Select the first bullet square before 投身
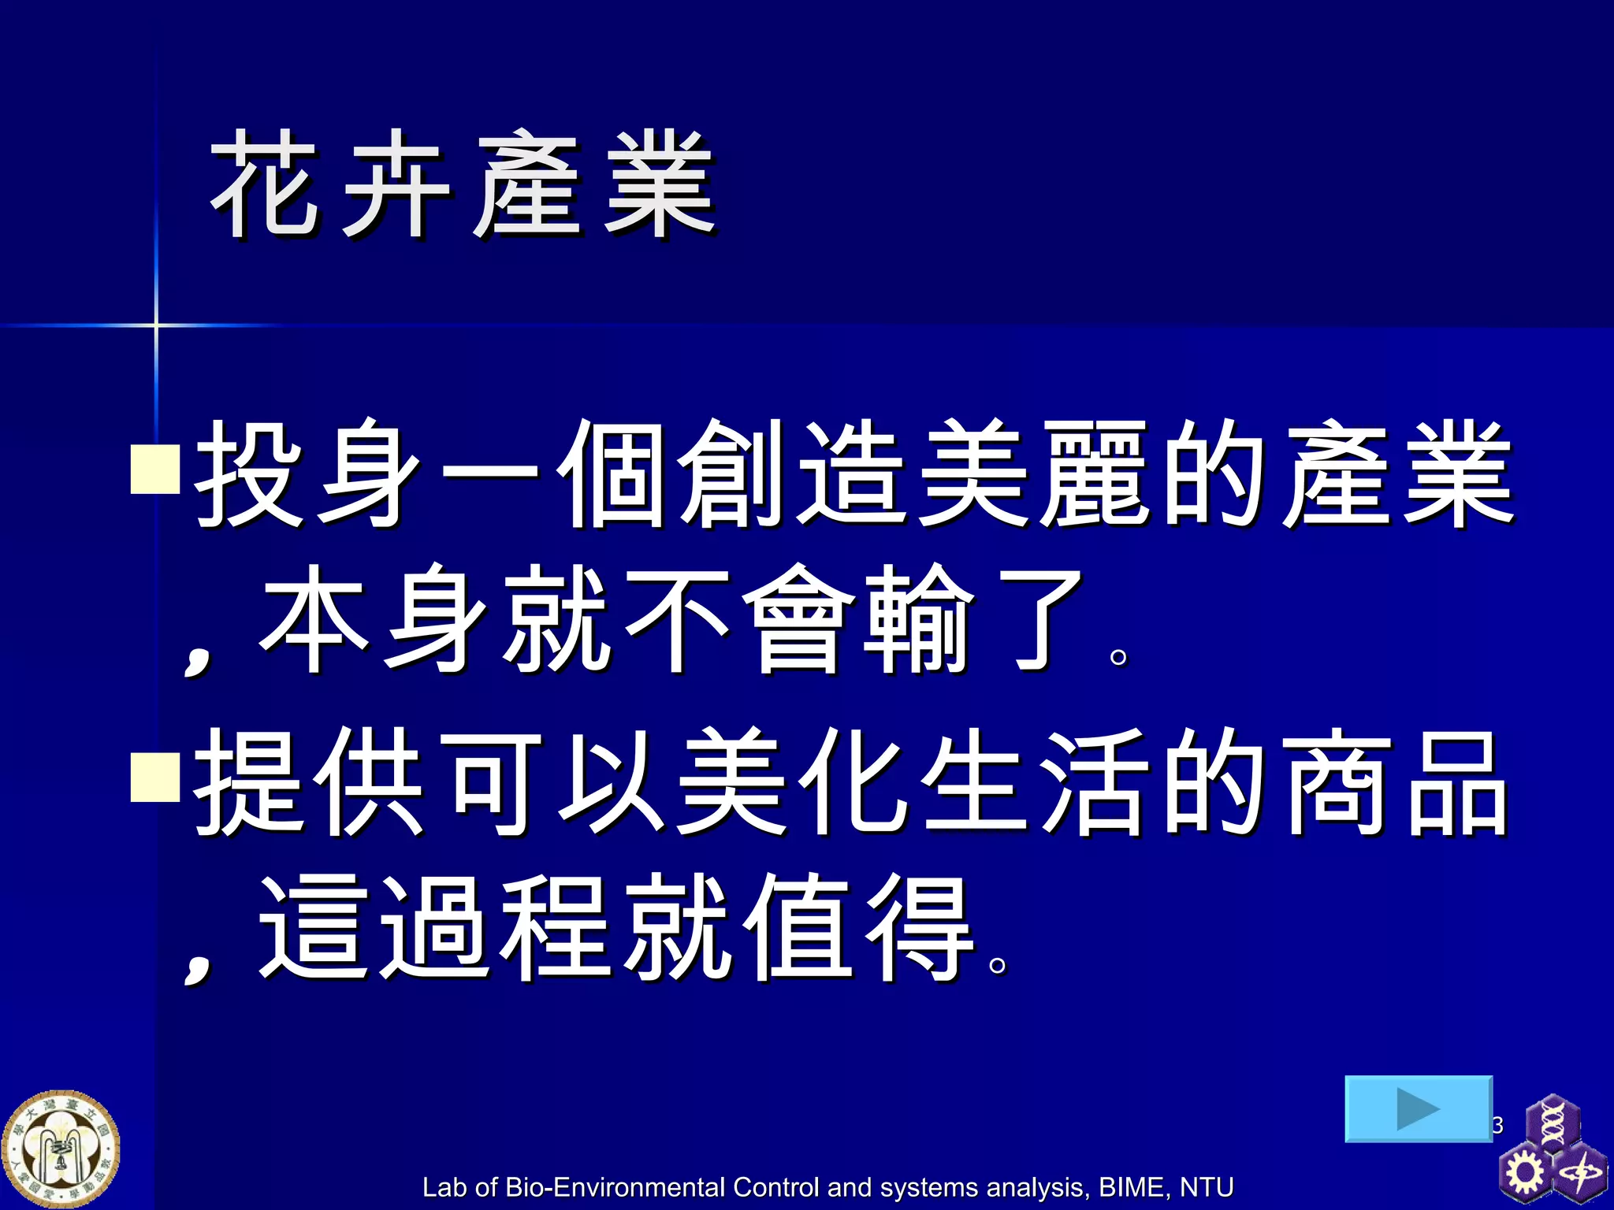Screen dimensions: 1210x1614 tap(155, 469)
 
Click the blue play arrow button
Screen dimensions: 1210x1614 tap(1418, 1108)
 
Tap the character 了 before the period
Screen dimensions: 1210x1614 tap(1039, 620)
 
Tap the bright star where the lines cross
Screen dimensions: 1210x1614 tap(156, 325)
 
